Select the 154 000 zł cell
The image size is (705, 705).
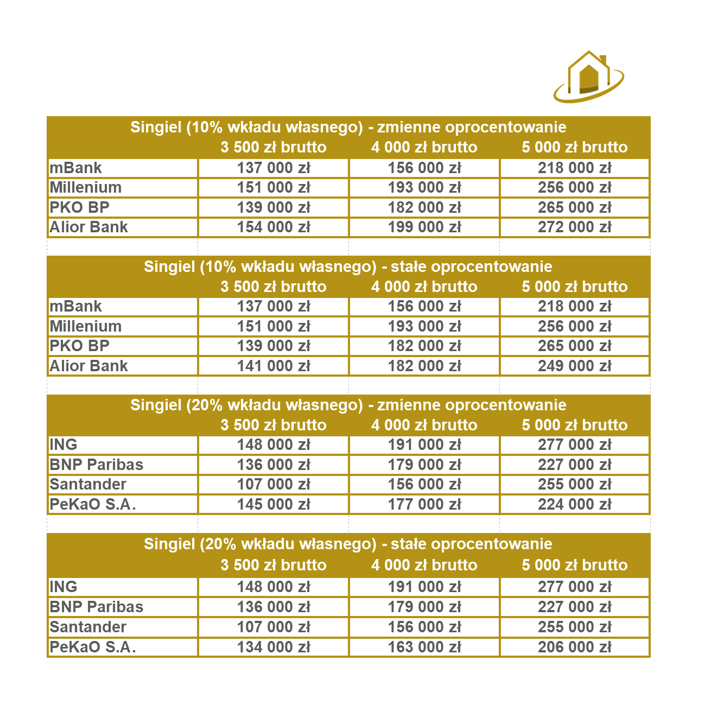[274, 227]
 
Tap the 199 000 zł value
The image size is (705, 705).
[424, 227]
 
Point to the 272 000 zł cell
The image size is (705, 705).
[574, 227]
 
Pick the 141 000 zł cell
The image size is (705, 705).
[274, 366]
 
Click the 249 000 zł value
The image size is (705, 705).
[574, 366]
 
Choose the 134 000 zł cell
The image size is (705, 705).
[274, 647]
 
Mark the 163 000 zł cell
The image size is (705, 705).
[424, 647]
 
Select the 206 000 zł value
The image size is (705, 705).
[574, 647]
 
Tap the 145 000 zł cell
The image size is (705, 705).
[274, 504]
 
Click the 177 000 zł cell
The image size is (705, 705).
[424, 504]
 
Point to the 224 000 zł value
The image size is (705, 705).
[574, 504]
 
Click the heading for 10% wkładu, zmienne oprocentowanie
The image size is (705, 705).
[348, 127]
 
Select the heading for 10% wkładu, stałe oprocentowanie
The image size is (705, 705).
[348, 266]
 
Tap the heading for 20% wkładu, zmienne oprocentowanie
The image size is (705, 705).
[348, 405]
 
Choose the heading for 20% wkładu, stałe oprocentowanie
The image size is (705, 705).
[348, 544]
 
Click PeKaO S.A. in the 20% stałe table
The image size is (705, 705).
[93, 647]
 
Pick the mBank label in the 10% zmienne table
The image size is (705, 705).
[76, 168]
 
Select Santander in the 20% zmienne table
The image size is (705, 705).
[88, 484]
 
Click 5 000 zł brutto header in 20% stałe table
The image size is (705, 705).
[574, 565]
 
